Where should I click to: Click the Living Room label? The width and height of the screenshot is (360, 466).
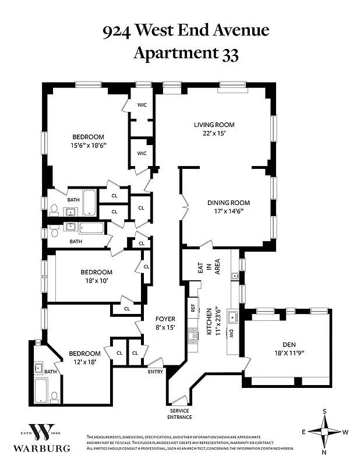(214, 125)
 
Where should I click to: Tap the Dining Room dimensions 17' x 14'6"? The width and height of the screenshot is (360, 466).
(229, 211)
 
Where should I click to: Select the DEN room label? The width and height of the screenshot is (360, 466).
(285, 344)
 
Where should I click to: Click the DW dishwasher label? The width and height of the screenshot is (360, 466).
(231, 334)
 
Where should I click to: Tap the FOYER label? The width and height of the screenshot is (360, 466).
(165, 319)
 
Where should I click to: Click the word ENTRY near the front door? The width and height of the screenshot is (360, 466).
(156, 371)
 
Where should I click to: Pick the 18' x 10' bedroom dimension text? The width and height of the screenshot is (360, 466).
(96, 280)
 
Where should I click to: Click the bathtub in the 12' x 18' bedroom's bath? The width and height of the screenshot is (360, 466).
(40, 390)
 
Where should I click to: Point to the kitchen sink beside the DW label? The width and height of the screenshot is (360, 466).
(232, 317)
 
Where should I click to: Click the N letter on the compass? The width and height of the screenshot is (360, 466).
(325, 452)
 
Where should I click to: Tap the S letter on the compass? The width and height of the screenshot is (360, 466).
(325, 411)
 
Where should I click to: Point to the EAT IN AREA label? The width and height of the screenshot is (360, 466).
(209, 269)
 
